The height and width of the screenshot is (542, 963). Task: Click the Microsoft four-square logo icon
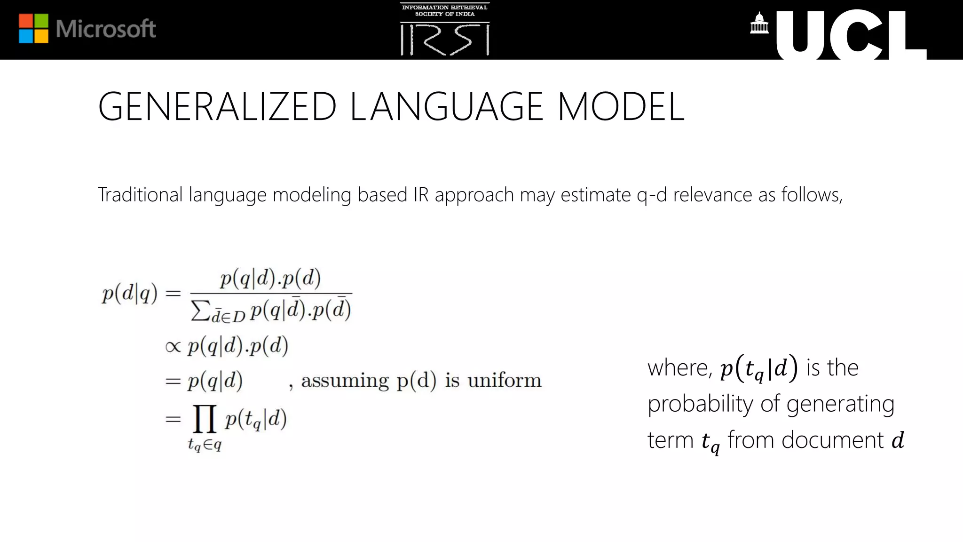click(x=33, y=28)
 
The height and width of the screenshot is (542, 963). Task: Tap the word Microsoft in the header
click(x=106, y=29)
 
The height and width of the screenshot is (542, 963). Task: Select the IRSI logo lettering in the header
click(x=444, y=40)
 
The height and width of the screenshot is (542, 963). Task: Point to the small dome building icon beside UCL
click(x=759, y=24)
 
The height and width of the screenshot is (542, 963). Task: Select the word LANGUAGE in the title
click(x=447, y=107)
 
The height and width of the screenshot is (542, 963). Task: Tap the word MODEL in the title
click(x=621, y=107)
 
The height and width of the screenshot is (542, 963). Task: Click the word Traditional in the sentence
click(x=140, y=195)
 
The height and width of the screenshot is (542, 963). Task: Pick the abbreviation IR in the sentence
click(x=421, y=195)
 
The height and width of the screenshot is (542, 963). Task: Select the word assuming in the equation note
click(x=345, y=381)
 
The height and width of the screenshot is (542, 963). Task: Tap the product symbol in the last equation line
click(x=205, y=418)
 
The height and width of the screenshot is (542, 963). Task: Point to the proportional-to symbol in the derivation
click(x=173, y=347)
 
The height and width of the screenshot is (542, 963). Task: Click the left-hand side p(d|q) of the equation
click(x=130, y=294)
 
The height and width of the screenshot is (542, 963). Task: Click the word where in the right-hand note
click(x=679, y=367)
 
